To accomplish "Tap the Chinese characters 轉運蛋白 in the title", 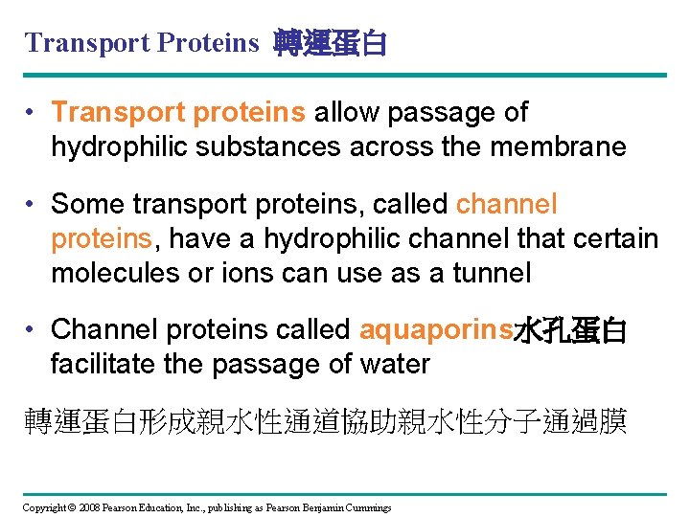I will click(x=330, y=43).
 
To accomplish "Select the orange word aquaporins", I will click(x=436, y=330).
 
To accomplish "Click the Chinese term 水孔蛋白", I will click(x=570, y=330).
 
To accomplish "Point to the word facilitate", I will click(x=103, y=365).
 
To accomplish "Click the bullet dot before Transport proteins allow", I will click(x=34, y=113).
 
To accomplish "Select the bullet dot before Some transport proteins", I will click(x=34, y=205).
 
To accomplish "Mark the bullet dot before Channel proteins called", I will click(x=34, y=330).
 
